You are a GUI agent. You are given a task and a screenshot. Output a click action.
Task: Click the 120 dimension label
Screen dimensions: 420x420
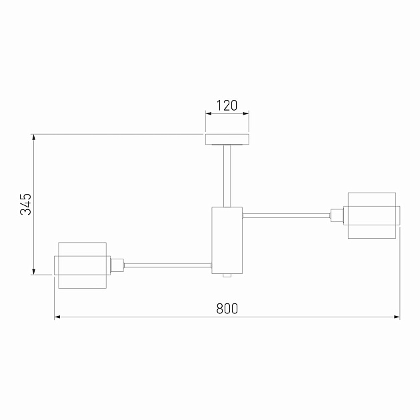[227, 105]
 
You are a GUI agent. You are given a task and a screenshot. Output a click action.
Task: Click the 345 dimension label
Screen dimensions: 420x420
[25, 204]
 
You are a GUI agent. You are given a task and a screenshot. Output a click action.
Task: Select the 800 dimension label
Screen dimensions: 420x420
[227, 309]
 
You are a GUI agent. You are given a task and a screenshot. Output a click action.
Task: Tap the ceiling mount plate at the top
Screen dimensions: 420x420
[227, 139]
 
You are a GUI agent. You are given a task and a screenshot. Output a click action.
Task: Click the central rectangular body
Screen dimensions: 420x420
[227, 239]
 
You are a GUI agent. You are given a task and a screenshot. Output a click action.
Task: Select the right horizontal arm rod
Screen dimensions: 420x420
[286, 215]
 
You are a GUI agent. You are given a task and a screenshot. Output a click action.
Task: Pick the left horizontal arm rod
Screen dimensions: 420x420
[167, 265]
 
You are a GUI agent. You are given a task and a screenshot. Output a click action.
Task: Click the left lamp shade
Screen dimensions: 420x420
[82, 265]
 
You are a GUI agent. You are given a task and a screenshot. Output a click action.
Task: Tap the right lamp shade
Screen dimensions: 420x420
[371, 215]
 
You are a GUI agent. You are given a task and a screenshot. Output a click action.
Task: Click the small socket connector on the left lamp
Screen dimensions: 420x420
[116, 265]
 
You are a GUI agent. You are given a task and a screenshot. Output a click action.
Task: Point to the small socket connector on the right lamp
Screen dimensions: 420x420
[337, 215]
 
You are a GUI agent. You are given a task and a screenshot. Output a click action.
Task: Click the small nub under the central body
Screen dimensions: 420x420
[227, 275]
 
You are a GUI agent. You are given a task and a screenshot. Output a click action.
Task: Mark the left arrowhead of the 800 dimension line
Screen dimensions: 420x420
[57, 317]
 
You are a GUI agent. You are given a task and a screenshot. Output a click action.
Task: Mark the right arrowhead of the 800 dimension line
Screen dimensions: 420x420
[397, 317]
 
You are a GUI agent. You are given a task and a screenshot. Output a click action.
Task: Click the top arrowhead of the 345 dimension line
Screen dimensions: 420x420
[34, 137]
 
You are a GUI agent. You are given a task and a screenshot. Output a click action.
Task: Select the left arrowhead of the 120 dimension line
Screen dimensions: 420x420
[207, 113]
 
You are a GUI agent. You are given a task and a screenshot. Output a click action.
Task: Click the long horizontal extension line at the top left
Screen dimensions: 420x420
[120, 134]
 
